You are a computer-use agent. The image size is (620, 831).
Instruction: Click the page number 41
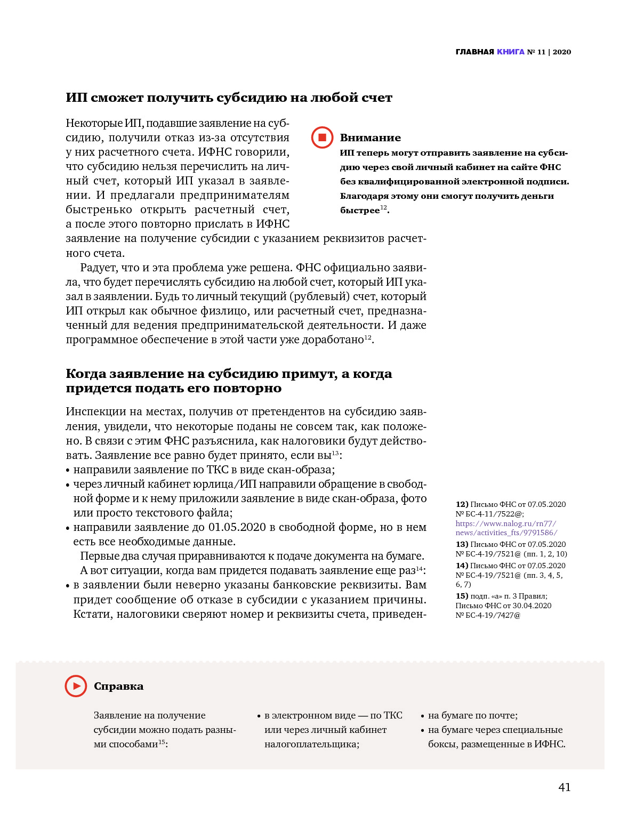point(564,787)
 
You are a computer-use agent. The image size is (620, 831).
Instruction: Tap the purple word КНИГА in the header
point(511,52)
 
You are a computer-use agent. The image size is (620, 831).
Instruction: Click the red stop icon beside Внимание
point(322,138)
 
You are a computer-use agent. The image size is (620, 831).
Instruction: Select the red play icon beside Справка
point(76,686)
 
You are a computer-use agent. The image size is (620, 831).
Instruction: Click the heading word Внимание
point(370,138)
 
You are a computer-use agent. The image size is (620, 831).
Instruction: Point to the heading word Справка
point(118,686)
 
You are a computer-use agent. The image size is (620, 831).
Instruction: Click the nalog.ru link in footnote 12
point(506,528)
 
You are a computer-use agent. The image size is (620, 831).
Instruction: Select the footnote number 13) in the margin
point(462,544)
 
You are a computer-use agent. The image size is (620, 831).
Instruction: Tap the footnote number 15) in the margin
point(462,596)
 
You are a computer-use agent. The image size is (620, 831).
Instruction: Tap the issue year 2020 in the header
point(562,52)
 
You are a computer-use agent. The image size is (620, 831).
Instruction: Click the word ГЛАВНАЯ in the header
point(474,52)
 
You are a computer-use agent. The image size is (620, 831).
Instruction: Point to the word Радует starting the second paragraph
point(98,268)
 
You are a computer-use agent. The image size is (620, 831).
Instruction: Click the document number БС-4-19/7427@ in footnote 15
point(493,615)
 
